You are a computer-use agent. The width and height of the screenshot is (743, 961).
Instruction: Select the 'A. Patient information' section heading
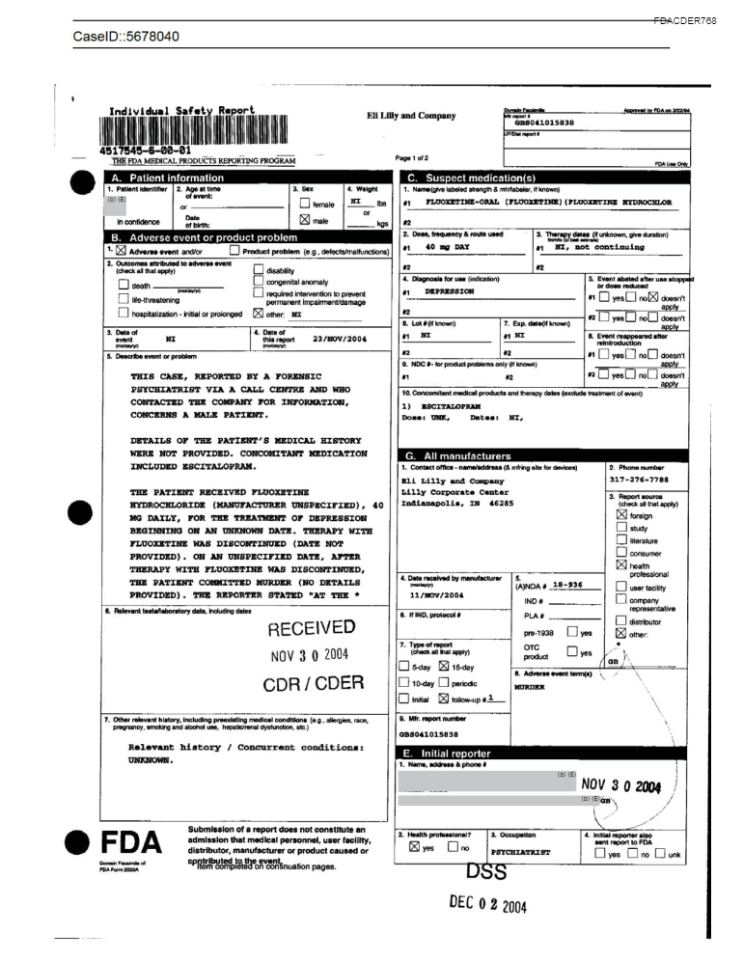(170, 178)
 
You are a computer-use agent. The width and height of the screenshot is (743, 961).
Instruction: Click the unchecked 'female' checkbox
(305, 204)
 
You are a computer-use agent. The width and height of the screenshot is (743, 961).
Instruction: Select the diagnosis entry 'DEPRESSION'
(454, 290)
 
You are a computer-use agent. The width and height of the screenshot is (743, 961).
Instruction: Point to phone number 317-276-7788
(643, 480)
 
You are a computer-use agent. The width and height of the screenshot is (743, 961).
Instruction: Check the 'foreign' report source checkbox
(621, 515)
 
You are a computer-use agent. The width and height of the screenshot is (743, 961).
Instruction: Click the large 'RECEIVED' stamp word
(311, 629)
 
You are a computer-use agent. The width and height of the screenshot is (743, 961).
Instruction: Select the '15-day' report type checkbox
(444, 665)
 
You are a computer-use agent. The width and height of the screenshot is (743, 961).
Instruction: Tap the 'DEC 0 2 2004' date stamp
(487, 904)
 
